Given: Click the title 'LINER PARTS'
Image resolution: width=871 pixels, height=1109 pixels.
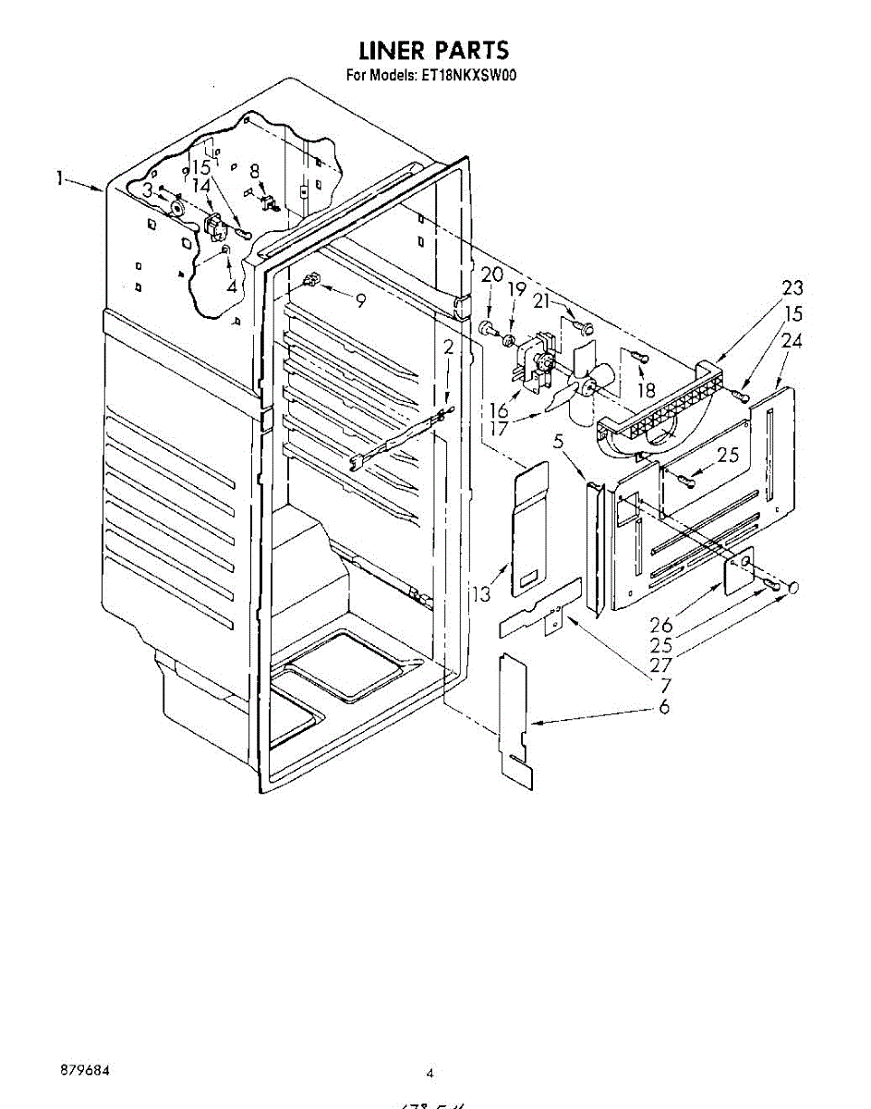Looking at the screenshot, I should [433, 49].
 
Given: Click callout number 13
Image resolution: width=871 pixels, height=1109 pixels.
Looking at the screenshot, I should [481, 593].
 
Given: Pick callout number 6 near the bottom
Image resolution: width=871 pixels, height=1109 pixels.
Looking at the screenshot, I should [664, 707].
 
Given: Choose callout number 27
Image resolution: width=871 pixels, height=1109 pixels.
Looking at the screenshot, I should [659, 664].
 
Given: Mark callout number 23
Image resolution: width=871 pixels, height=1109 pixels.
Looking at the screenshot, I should [792, 287].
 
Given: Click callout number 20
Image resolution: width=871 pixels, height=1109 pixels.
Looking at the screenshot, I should [491, 274].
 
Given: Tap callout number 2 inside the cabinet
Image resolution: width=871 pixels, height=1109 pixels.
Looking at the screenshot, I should [448, 347].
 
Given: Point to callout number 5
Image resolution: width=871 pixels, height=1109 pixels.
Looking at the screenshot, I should [558, 442].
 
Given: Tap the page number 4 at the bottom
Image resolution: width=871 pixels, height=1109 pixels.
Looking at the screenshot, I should [429, 1073].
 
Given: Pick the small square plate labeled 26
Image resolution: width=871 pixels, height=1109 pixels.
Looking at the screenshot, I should [738, 573].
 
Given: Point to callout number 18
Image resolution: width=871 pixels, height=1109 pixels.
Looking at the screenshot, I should [646, 389].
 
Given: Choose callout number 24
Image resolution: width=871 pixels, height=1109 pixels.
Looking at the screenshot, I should [792, 340].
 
